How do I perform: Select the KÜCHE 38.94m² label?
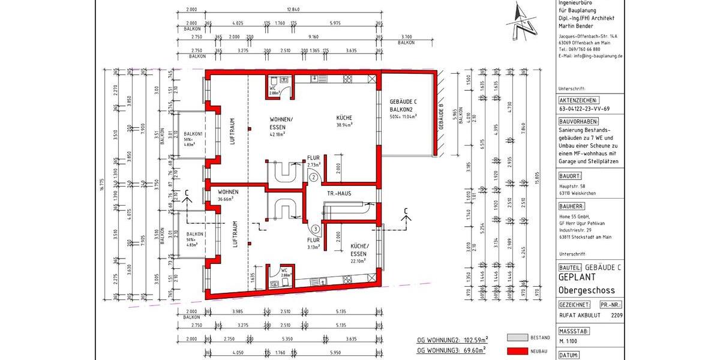pyautogui.click(x=344, y=121)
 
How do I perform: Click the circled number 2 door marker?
pyautogui.click(x=314, y=177)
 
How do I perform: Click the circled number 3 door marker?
pyautogui.click(x=316, y=229)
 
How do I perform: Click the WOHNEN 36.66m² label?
pyautogui.click(x=228, y=195)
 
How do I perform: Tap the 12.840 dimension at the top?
pyautogui.click(x=293, y=10)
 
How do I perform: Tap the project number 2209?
pyautogui.click(x=617, y=314)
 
